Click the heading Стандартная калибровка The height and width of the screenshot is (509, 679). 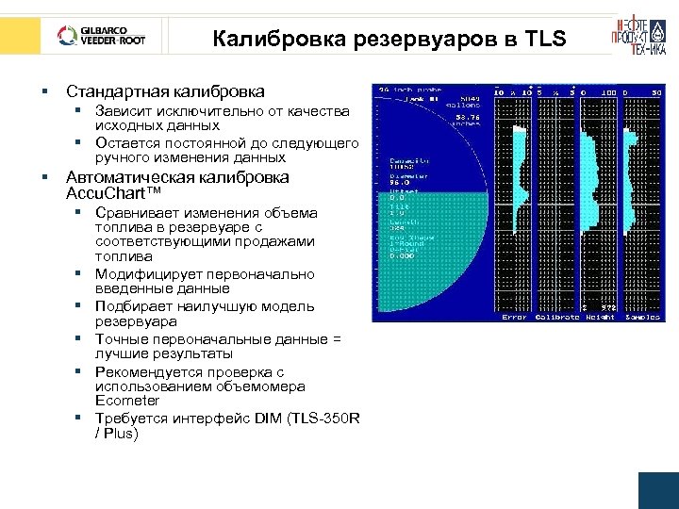[x=164, y=91]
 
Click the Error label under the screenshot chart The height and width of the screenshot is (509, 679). [x=514, y=318]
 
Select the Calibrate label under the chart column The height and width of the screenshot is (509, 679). [x=556, y=318]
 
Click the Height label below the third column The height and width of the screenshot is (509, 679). [x=600, y=318]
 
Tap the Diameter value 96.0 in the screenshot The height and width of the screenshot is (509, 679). [x=400, y=184]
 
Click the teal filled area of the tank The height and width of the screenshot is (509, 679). [x=424, y=254]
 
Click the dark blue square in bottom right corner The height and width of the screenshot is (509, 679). [x=658, y=490]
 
